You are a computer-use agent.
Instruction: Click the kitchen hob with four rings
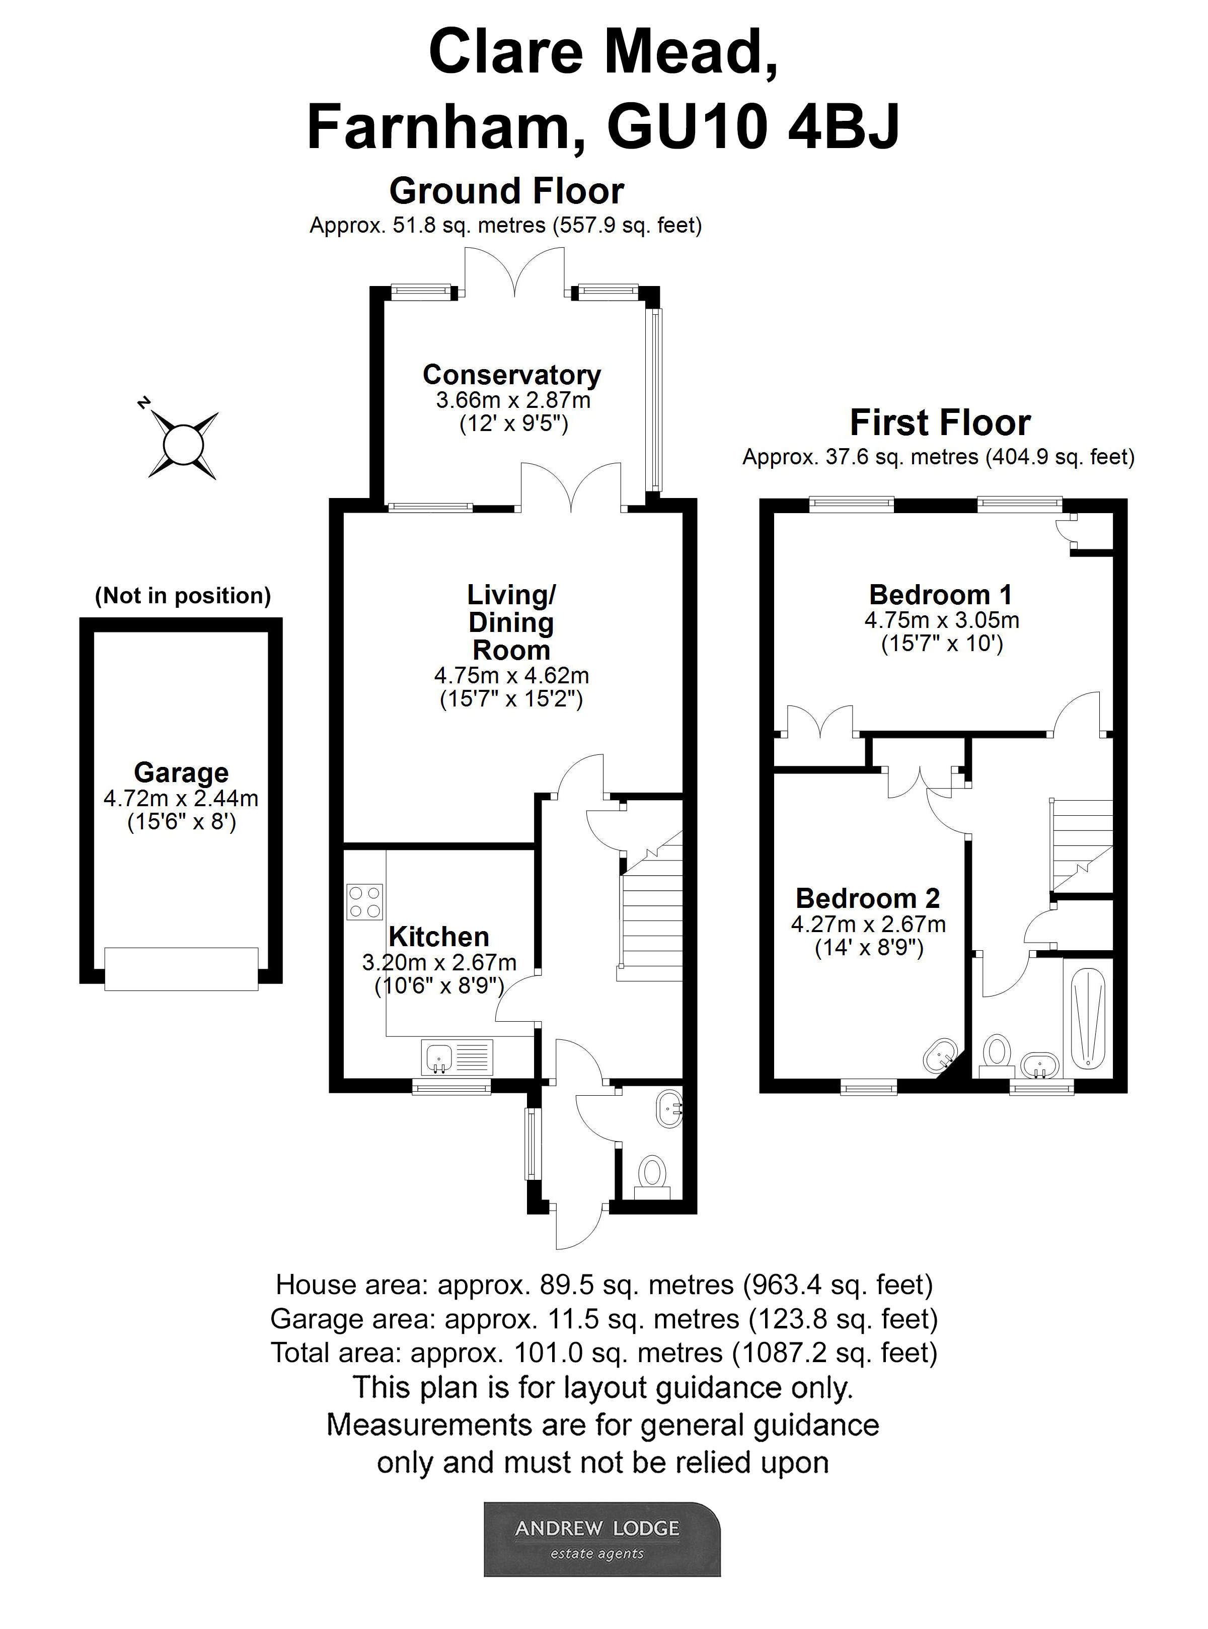[364, 901]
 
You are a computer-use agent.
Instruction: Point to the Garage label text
[181, 772]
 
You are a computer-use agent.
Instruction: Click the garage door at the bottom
[181, 969]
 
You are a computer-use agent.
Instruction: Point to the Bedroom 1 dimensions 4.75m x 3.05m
[941, 620]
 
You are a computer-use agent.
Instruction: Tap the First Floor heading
[940, 423]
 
